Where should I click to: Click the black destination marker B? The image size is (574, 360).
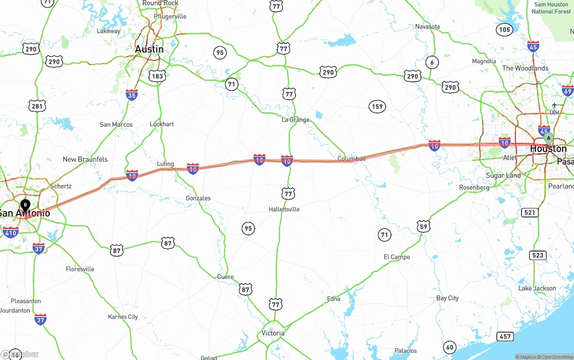point(25,205)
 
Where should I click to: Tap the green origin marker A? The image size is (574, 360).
point(548,139)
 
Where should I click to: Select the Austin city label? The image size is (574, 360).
point(149,49)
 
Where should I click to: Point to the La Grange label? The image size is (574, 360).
point(296,120)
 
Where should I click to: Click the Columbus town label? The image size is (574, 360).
point(352,159)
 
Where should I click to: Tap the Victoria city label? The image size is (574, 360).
point(273,333)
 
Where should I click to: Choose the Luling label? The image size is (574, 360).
point(165,164)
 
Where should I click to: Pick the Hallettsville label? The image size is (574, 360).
point(284,209)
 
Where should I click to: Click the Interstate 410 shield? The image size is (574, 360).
point(10,232)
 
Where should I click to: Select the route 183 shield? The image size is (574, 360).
point(157,76)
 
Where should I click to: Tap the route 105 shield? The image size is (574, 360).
point(504,30)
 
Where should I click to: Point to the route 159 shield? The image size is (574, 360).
point(377,107)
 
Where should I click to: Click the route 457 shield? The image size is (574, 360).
point(505,336)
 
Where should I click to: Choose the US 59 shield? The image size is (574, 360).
point(423,226)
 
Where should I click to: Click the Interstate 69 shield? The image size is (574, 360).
point(568,91)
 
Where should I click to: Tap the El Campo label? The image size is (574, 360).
point(397,257)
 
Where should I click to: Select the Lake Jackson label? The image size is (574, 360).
point(537,288)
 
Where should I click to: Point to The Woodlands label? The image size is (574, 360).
point(525,68)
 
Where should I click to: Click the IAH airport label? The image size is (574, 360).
point(554,112)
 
